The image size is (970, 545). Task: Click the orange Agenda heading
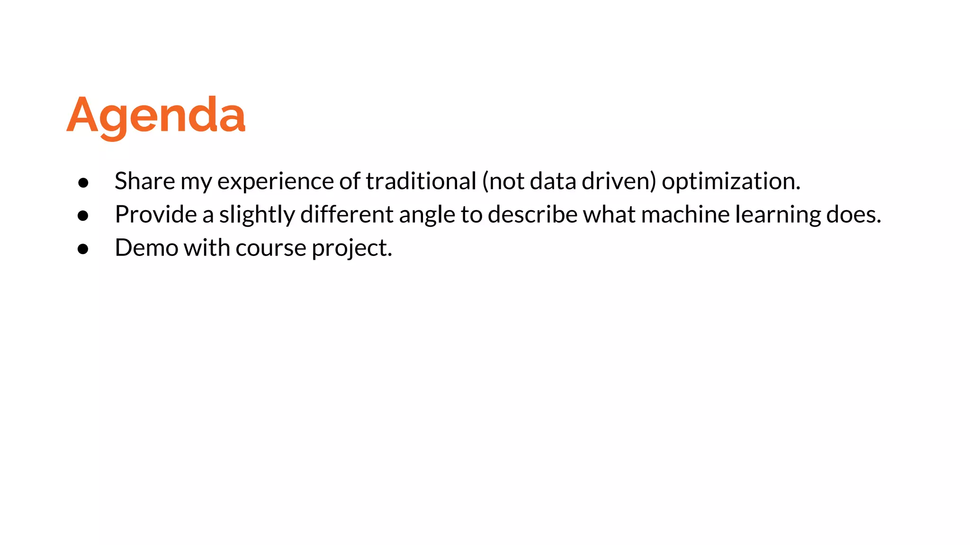(156, 115)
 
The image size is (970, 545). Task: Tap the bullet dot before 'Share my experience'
(83, 183)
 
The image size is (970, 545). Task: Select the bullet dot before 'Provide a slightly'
(83, 216)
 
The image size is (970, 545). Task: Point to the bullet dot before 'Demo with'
(83, 249)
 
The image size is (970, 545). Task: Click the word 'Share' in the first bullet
(144, 181)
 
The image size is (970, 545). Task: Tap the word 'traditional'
(421, 181)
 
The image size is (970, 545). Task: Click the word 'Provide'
(156, 215)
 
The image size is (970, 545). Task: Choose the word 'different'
(347, 214)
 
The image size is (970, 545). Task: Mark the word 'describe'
(532, 214)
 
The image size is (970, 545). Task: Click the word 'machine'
(685, 214)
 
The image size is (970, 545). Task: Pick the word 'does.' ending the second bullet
(853, 214)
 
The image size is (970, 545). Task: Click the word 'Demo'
(146, 248)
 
